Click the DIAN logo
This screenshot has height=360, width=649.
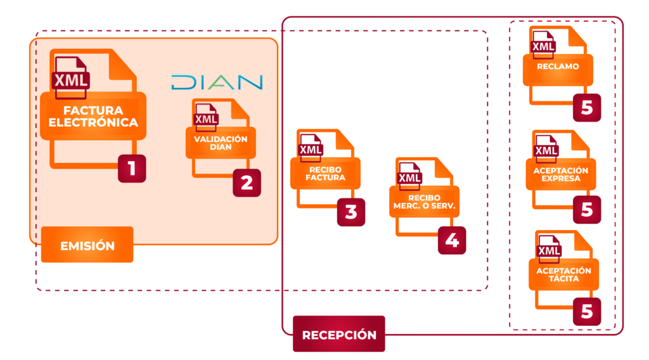pyautogui.click(x=217, y=82)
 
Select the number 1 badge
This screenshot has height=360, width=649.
pyautogui.click(x=132, y=168)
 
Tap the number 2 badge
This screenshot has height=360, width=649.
pyautogui.click(x=246, y=183)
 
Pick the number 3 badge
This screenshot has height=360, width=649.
pyautogui.click(x=351, y=212)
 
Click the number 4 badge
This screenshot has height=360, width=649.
pyautogui.click(x=451, y=240)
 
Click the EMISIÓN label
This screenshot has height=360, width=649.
pyautogui.click(x=87, y=245)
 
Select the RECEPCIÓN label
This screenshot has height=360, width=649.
pyautogui.click(x=338, y=334)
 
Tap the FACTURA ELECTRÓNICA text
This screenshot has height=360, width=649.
pyautogui.click(x=93, y=117)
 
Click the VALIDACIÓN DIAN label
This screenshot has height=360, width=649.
pyautogui.click(x=221, y=143)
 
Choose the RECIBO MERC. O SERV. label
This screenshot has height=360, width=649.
pyautogui.click(x=424, y=202)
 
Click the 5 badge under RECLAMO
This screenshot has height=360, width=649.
pyautogui.click(x=587, y=108)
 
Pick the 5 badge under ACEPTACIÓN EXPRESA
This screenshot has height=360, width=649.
pyautogui.click(x=587, y=210)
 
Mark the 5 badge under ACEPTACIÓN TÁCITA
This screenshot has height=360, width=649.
pyautogui.click(x=587, y=311)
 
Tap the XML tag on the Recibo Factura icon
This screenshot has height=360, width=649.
pyautogui.click(x=310, y=150)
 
